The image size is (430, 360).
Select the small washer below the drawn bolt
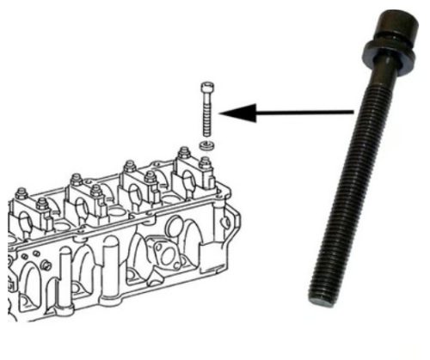(x=206, y=145)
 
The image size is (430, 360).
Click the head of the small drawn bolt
(x=206, y=89)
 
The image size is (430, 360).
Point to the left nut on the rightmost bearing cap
(x=183, y=154)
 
